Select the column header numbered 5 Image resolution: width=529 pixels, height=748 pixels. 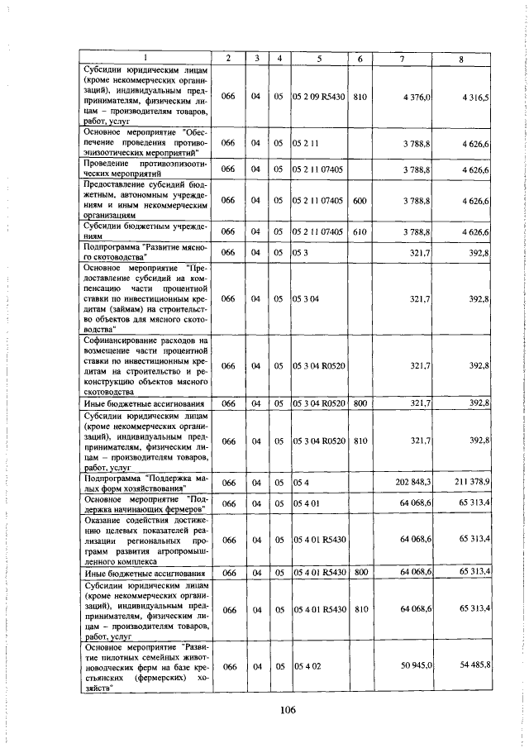(x=318, y=57)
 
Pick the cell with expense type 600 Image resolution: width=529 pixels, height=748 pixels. (x=360, y=200)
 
